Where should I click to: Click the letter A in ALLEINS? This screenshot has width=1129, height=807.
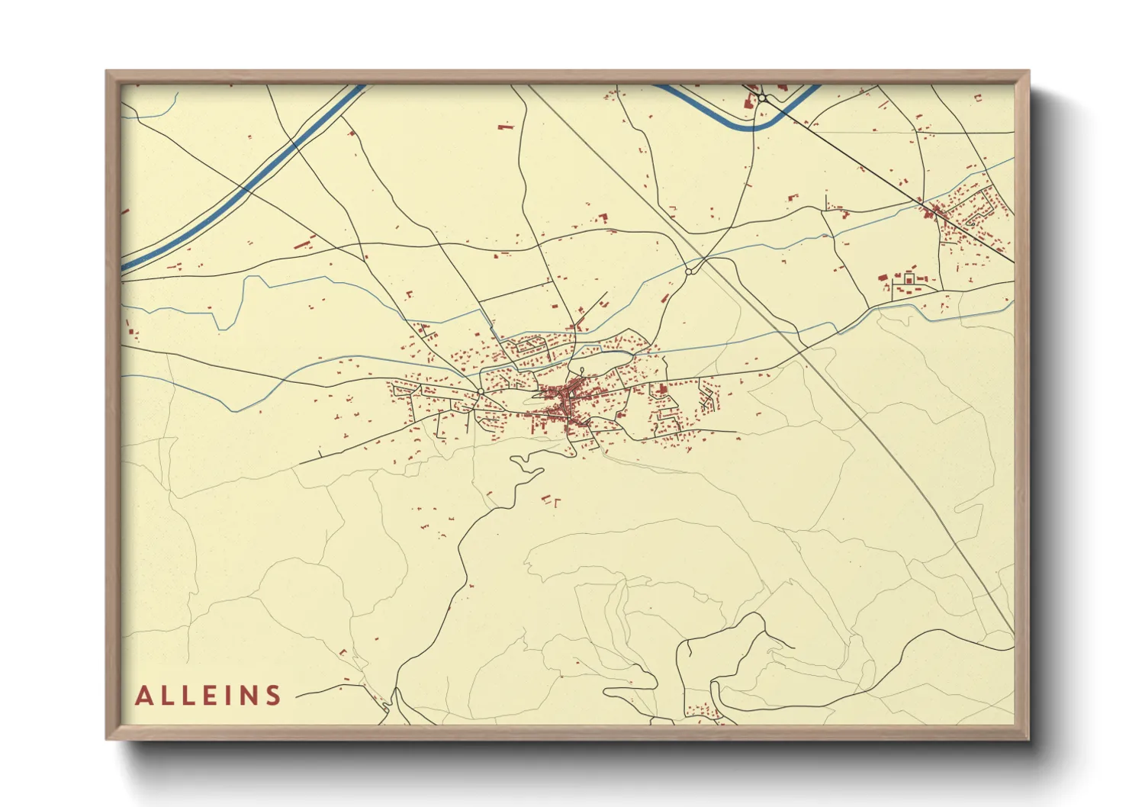pos(143,696)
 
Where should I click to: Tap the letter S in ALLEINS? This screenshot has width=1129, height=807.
pos(273,696)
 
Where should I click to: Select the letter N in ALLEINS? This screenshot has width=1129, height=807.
pos(249,696)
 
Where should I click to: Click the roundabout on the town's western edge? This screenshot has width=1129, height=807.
pos(480,391)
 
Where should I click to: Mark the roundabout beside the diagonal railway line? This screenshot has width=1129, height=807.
pos(688,272)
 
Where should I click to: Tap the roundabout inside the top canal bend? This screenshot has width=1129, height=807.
pos(761,98)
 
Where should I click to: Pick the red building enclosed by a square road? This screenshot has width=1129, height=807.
pos(909,280)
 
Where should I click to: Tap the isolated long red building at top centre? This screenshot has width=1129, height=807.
pos(504,127)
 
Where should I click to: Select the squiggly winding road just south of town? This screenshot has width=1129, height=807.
pos(526,462)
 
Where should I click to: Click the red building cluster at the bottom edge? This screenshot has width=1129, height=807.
pos(702,713)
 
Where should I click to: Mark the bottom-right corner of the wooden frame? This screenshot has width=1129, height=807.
pos(1028,738)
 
